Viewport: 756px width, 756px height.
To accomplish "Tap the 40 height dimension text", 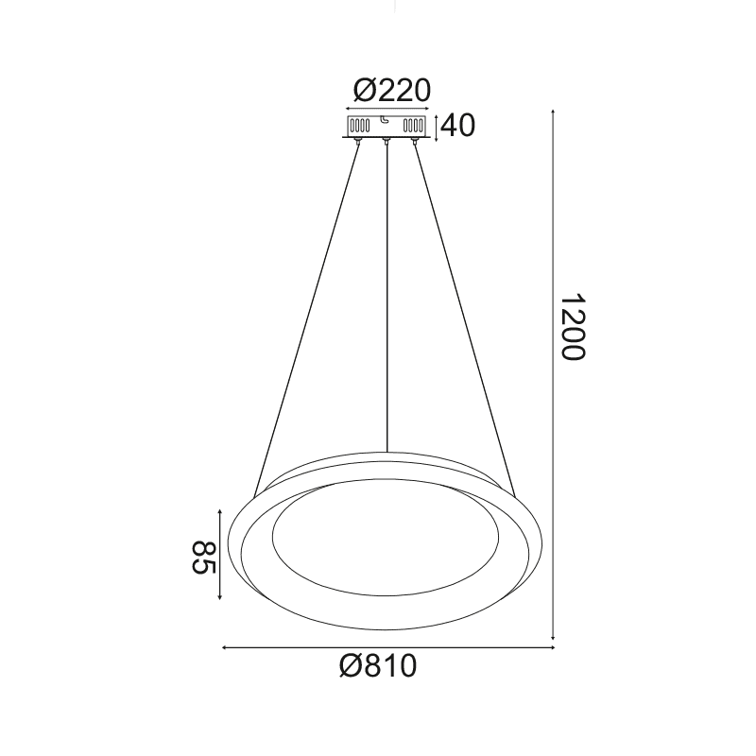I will (x=458, y=126).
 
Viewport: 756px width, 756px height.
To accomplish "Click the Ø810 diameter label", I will (x=377, y=667).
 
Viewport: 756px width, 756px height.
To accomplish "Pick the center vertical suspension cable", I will (x=387, y=302).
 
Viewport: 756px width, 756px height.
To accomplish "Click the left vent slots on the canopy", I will (x=360, y=125).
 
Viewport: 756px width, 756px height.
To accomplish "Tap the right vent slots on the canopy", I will (x=414, y=125).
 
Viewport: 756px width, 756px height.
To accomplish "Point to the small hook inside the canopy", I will (x=386, y=121).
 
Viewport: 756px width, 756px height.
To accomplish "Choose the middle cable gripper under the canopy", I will (x=387, y=142).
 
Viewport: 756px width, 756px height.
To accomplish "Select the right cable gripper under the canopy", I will (x=415, y=142).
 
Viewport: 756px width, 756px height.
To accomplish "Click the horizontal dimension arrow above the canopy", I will (x=387, y=111).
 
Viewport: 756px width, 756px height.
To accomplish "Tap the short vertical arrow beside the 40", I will (x=436, y=126).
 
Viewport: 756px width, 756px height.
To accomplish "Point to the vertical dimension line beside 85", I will (x=220, y=555).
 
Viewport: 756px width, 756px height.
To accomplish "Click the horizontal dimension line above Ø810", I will (x=387, y=648).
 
